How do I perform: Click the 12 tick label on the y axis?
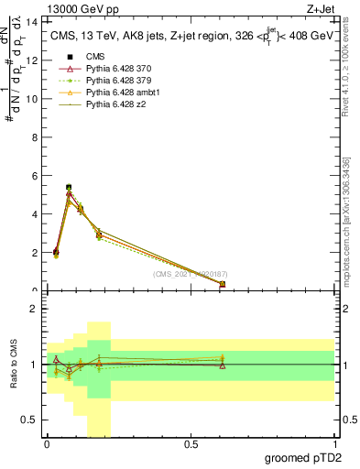(x=32, y=60)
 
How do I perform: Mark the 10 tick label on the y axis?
(x=32, y=98)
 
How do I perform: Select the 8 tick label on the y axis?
(x=34, y=136)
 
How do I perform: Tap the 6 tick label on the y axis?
(x=34, y=175)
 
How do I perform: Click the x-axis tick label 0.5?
(x=191, y=444)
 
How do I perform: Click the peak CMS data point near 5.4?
(x=69, y=187)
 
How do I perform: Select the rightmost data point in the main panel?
(x=223, y=284)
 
